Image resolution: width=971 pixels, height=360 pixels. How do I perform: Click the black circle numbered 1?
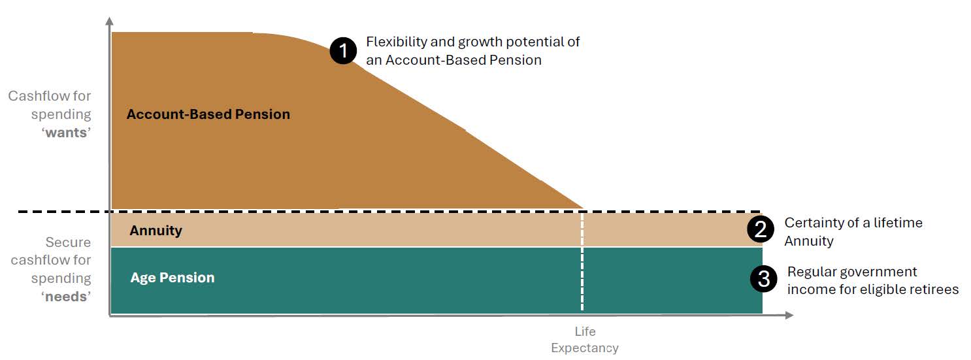[x=343, y=51]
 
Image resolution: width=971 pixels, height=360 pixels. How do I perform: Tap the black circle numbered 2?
[x=761, y=229]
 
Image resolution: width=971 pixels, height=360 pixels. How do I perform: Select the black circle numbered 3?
[x=764, y=278]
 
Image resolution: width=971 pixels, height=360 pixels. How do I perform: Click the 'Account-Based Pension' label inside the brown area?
[x=208, y=114]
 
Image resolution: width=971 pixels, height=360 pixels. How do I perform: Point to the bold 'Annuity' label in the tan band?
[x=156, y=231]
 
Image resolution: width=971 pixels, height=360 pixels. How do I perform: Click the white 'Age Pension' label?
[x=173, y=277]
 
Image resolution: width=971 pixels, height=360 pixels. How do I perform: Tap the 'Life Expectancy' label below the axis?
[x=585, y=340]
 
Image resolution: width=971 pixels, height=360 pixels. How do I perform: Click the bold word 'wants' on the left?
[x=66, y=133]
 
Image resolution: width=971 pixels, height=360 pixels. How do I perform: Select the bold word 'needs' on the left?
[x=66, y=297]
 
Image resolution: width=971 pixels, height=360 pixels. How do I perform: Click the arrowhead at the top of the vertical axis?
[x=110, y=21]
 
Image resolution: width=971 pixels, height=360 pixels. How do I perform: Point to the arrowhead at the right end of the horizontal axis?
[x=789, y=316]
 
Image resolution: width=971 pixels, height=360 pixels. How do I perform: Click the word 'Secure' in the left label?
[x=68, y=242]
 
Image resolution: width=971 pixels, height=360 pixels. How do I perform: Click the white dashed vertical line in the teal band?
[x=582, y=279]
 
